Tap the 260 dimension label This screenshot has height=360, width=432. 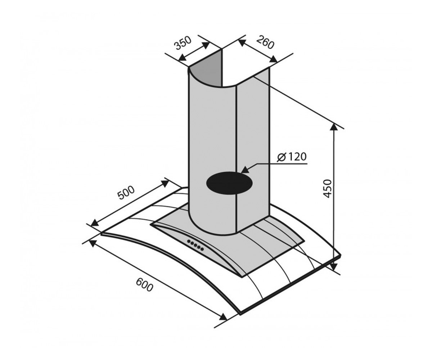(265, 42)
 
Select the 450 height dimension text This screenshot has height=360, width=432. (327, 189)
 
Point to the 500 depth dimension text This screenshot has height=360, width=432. (126, 193)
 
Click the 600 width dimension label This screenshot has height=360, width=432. (145, 285)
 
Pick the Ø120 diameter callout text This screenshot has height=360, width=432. (292, 157)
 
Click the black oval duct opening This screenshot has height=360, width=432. (229, 183)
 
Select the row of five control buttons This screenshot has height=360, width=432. (195, 245)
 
